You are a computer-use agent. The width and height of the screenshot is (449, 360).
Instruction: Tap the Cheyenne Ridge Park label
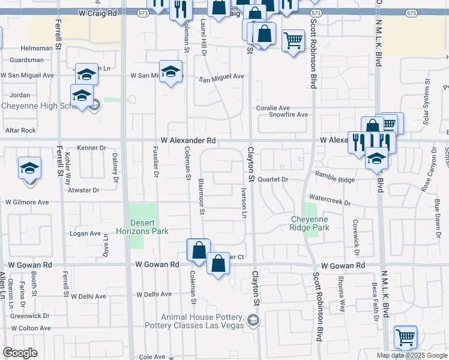pyautogui.click(x=310, y=223)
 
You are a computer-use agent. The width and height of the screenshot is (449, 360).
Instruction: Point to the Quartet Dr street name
pyautogui.click(x=274, y=179)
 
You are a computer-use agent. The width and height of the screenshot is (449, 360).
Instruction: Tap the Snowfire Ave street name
pyautogui.click(x=288, y=115)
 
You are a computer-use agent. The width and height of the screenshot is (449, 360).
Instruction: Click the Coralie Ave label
pyautogui.click(x=273, y=107)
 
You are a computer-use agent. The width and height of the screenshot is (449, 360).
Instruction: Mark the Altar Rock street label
pyautogui.click(x=20, y=130)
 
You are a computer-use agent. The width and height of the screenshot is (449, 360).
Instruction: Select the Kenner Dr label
pyautogui.click(x=91, y=148)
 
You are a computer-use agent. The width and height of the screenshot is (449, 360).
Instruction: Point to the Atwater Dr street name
pyautogui.click(x=83, y=190)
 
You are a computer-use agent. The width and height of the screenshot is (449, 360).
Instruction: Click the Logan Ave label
pyautogui.click(x=85, y=233)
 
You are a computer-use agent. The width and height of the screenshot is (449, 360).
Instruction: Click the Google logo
pyautogui.click(x=20, y=353)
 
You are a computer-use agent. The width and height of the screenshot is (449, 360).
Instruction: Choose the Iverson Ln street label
pyautogui.click(x=244, y=205)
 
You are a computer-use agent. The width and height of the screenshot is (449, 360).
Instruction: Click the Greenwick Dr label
pyautogui.click(x=30, y=315)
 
